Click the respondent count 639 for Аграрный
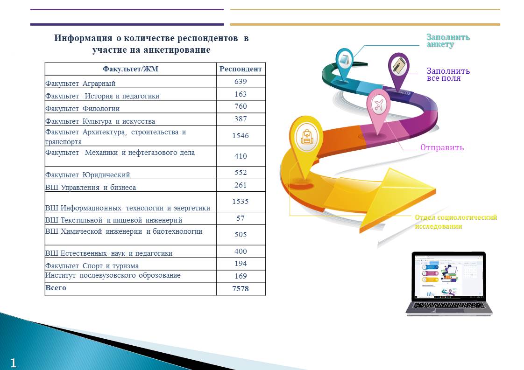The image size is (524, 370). click(x=241, y=82)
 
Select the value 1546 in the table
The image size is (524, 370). click(x=241, y=136)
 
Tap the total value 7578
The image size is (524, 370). click(x=241, y=288)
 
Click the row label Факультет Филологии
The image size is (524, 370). click(x=83, y=109)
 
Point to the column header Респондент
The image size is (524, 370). click(x=241, y=69)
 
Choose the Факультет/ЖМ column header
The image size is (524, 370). click(x=130, y=69)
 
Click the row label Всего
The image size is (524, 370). click(x=56, y=287)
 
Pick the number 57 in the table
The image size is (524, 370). click(x=241, y=218)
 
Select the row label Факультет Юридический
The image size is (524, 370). click(x=87, y=175)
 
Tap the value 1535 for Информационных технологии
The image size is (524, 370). click(x=241, y=202)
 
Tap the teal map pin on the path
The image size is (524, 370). click(x=344, y=64)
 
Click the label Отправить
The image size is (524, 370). click(x=442, y=147)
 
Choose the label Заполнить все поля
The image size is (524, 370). click(x=448, y=75)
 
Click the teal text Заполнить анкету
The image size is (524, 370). click(x=448, y=41)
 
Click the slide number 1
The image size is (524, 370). click(x=14, y=363)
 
